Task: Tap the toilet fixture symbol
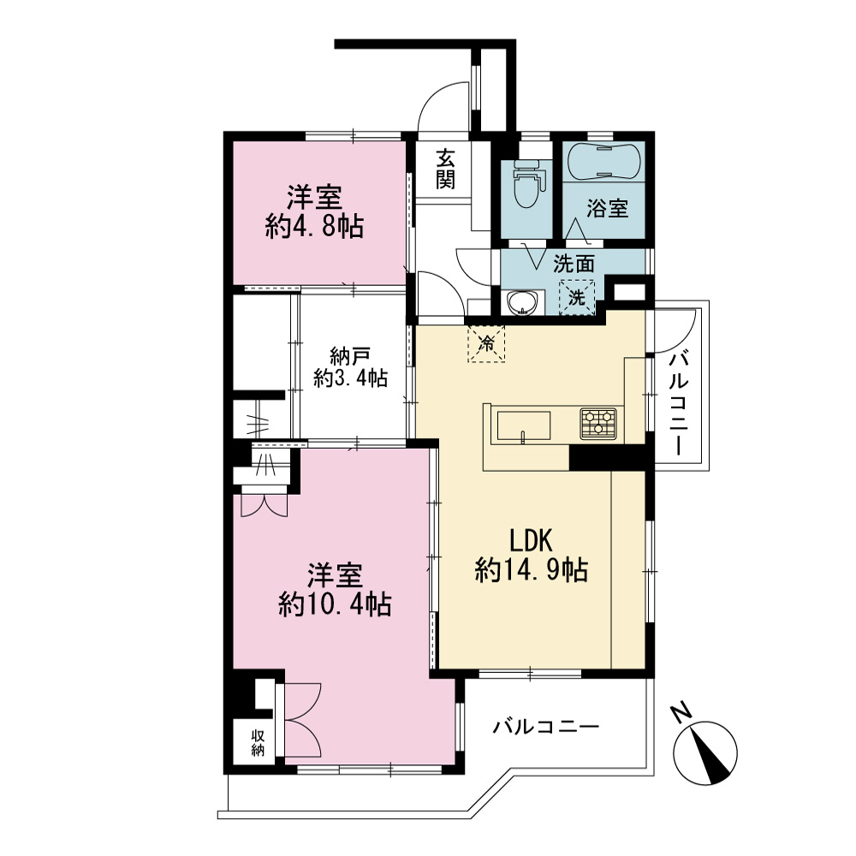pyautogui.click(x=526, y=183)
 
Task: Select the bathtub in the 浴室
pyautogui.click(x=603, y=162)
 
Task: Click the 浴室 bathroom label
pyautogui.click(x=607, y=209)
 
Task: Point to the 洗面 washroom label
pyautogui.click(x=574, y=265)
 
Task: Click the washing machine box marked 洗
pyautogui.click(x=576, y=298)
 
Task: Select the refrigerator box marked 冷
pyautogui.click(x=486, y=344)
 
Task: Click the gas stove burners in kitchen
pyautogui.click(x=598, y=423)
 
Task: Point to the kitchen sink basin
pyautogui.click(x=524, y=425)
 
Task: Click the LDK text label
pyautogui.click(x=532, y=540)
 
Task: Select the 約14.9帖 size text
pyautogui.click(x=532, y=570)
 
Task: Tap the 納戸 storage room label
pyautogui.click(x=350, y=356)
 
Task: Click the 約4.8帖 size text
pyautogui.click(x=315, y=226)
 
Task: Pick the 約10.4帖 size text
pyautogui.click(x=335, y=604)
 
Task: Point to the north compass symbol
pyautogui.click(x=706, y=752)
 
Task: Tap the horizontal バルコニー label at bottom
pyautogui.click(x=546, y=727)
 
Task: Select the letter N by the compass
pyautogui.click(x=681, y=713)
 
